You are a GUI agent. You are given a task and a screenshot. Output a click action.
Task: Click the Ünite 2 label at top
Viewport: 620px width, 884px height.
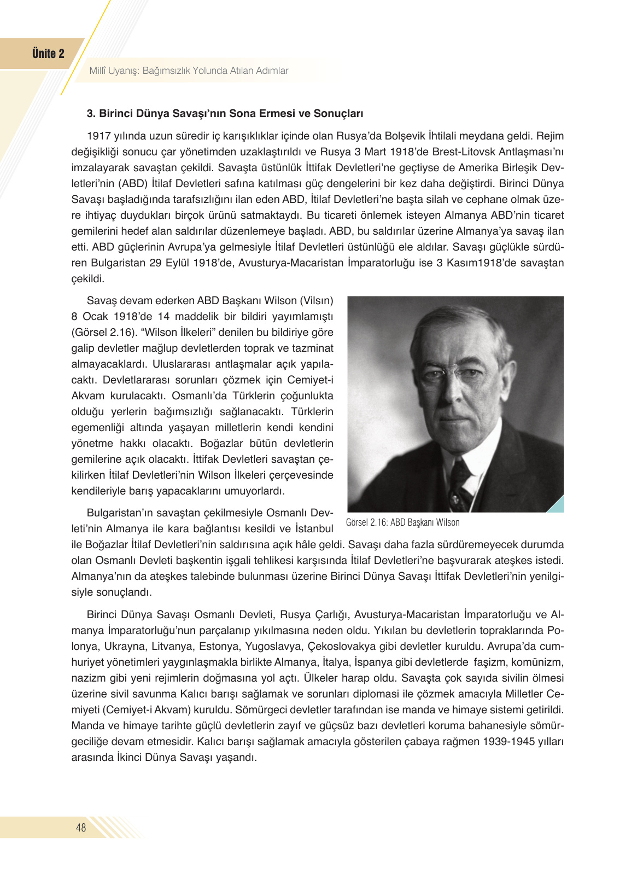(x=48, y=54)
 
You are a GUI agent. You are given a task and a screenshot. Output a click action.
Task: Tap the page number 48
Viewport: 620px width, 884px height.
(x=81, y=828)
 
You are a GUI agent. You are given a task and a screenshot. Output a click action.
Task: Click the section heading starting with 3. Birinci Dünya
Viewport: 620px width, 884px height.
(x=225, y=113)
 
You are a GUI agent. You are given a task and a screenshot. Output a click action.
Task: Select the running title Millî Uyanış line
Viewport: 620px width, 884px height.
(x=189, y=71)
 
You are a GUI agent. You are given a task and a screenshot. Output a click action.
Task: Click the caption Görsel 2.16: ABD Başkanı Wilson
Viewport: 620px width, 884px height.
(x=402, y=522)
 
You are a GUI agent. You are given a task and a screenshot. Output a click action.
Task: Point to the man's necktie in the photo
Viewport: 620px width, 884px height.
(x=459, y=481)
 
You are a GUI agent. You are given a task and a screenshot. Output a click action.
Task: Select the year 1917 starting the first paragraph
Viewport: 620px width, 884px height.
(x=98, y=136)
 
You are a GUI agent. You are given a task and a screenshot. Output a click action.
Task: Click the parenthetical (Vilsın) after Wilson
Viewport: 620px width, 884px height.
(x=316, y=300)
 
